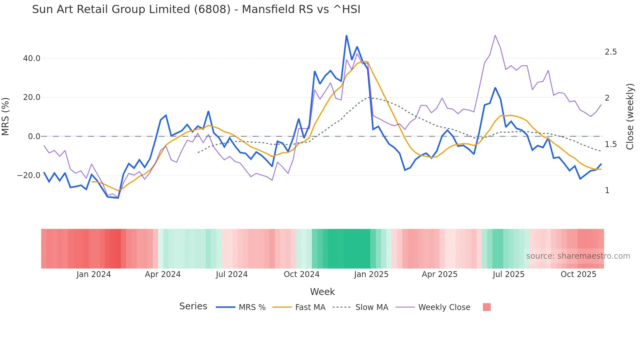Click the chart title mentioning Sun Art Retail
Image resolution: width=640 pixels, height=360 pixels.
(x=196, y=9)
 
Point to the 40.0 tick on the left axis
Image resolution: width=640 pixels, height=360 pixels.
(x=32, y=58)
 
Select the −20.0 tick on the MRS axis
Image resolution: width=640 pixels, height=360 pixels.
(x=29, y=175)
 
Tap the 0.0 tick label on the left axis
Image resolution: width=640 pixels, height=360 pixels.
(x=34, y=137)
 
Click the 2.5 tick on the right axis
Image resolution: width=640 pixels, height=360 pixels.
(x=611, y=52)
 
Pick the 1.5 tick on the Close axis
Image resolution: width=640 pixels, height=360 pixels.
(x=611, y=144)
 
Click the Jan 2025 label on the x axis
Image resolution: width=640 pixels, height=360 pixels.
(x=371, y=274)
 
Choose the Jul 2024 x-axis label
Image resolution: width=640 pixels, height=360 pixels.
(x=232, y=274)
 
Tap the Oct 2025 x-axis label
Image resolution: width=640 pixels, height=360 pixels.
(x=578, y=274)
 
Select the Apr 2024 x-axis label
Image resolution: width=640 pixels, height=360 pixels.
(x=163, y=274)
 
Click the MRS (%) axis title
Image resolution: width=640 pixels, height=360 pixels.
(x=6, y=117)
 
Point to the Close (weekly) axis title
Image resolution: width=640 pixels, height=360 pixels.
(x=630, y=117)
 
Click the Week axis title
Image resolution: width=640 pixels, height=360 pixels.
(x=322, y=292)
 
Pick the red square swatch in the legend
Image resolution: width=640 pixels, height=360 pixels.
(x=487, y=307)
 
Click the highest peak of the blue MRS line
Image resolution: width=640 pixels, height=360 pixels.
(x=346, y=36)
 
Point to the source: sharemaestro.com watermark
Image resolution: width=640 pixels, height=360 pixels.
(x=578, y=256)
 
